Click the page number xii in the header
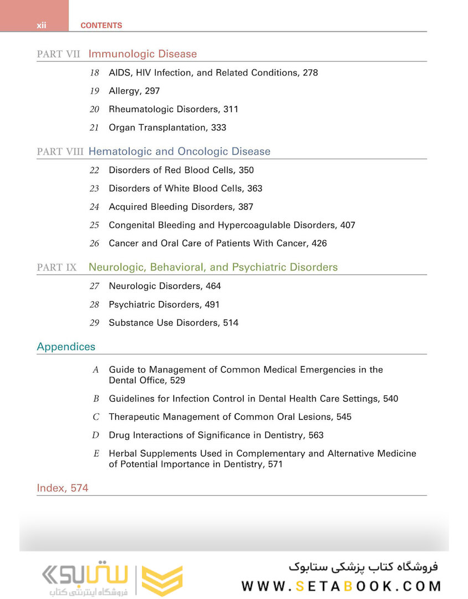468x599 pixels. click(42, 26)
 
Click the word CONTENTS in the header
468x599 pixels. click(101, 26)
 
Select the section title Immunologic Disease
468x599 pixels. click(142, 54)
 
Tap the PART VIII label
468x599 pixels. click(60, 152)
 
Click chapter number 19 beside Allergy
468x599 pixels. click(94, 91)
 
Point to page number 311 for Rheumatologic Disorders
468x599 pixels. click(231, 109)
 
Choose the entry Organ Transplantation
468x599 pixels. click(158, 128)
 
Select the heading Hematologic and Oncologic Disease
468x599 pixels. click(179, 151)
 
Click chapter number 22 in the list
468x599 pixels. click(94, 170)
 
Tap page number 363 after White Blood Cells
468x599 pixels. click(255, 189)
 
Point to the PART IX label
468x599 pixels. click(57, 267)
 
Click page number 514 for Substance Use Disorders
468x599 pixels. click(231, 323)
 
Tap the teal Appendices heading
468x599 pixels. click(66, 347)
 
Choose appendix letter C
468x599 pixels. click(96, 417)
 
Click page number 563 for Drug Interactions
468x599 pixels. click(316, 435)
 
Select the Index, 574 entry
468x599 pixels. click(63, 489)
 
